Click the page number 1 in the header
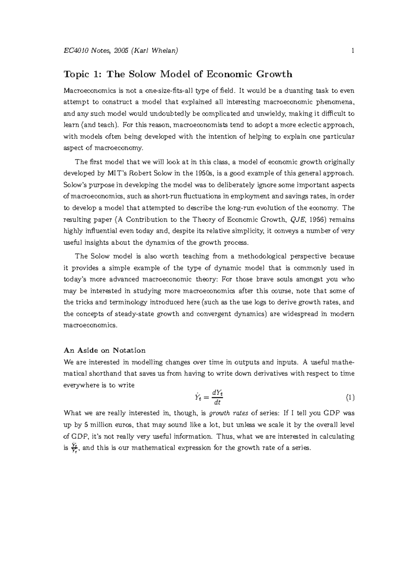tap(353, 51)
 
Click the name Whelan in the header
tap(165, 51)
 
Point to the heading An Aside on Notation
tap(104, 350)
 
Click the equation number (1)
tap(350, 398)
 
